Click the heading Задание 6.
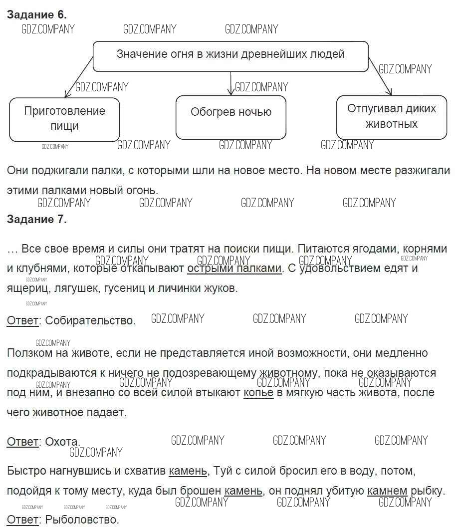pos(36,15)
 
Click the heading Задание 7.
pos(36,219)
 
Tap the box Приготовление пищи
pos(64,119)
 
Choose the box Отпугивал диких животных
pos(391,116)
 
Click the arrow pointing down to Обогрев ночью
pos(230,83)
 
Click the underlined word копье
pos(258,393)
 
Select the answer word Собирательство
pos(90,320)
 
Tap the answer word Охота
pos(62,442)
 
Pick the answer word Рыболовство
pos(82,520)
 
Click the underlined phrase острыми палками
pos(234,268)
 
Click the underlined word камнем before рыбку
pos(387,491)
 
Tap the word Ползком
pos(28,353)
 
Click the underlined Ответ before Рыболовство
pos(22,520)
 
